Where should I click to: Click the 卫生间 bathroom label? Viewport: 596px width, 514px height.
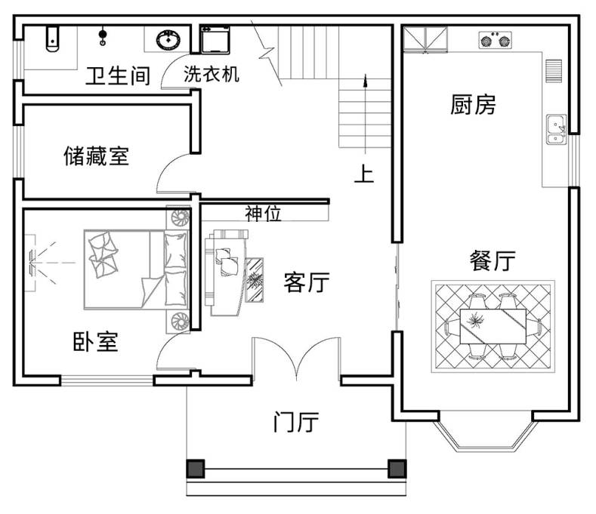[x=118, y=75]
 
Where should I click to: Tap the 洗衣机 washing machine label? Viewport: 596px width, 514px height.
[x=212, y=74]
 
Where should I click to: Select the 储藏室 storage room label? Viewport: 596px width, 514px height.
[x=97, y=155]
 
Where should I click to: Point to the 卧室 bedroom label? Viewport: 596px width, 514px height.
[x=95, y=341]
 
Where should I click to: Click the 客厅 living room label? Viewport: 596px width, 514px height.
[x=307, y=282]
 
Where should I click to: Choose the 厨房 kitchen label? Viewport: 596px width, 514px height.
[x=473, y=105]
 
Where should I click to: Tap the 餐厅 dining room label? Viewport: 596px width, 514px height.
[x=493, y=260]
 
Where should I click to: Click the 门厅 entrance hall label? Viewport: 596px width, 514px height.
[x=295, y=422]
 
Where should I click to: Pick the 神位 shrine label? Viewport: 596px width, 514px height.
[x=263, y=214]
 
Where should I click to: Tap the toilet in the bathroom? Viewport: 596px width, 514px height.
[x=52, y=38]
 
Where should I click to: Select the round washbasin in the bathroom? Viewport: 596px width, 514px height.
[x=168, y=40]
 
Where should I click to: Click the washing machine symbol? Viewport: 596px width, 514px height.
[x=215, y=39]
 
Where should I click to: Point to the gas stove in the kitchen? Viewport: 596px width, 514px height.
[x=495, y=40]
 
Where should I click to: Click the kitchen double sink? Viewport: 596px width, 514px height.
[x=557, y=129]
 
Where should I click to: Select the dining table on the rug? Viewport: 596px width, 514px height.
[x=493, y=326]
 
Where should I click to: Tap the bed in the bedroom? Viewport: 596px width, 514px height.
[x=136, y=269]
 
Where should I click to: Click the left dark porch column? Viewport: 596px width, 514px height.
[x=196, y=469]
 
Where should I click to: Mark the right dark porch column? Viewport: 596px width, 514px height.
[x=397, y=469]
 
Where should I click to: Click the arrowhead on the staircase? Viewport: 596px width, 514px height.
[x=366, y=81]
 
